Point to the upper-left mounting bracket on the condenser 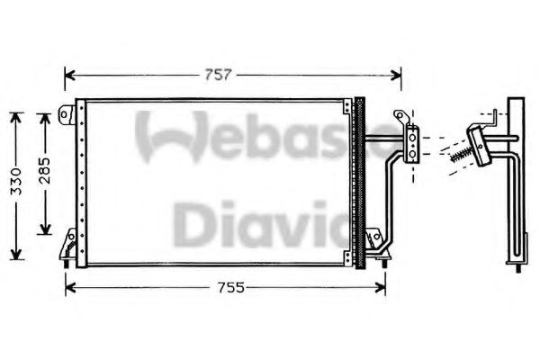[x=67, y=115]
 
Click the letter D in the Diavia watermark [x=191, y=225]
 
